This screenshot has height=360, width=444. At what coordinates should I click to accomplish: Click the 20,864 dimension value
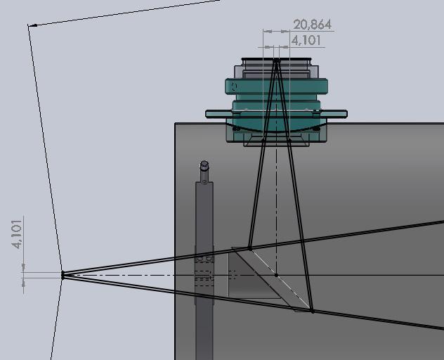click(312, 25)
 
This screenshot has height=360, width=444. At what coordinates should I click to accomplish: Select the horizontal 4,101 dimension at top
click(306, 40)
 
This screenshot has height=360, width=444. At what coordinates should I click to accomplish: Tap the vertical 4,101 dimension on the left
click(17, 234)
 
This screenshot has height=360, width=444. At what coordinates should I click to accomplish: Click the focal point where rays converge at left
click(63, 275)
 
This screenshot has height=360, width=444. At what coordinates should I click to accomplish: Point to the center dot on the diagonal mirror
click(276, 275)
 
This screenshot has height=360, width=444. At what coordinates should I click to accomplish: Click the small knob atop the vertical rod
click(204, 165)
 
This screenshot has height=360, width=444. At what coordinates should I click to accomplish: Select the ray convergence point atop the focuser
click(277, 60)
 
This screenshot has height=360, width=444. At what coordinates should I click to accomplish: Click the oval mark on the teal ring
click(234, 86)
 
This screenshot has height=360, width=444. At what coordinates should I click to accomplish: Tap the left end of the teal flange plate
click(207, 114)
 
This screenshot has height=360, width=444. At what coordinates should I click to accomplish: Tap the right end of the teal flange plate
click(346, 114)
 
